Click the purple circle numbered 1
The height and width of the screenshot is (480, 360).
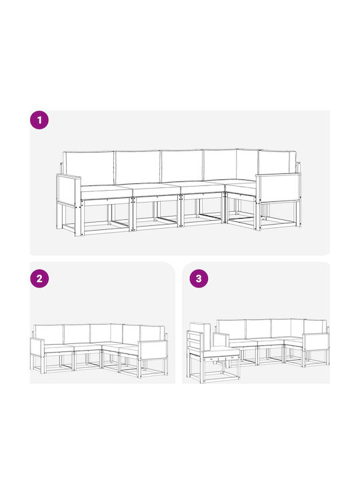[x=39, y=120]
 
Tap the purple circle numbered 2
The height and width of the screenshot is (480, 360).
[x=39, y=279]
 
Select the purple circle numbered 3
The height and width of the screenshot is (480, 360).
[x=199, y=279]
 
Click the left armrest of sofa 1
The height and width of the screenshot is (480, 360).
[x=69, y=190]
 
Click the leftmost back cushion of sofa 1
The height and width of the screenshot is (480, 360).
[x=89, y=168]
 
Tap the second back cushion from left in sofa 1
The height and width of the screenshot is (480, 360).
[x=138, y=167]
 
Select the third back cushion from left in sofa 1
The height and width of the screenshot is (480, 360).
[x=182, y=166]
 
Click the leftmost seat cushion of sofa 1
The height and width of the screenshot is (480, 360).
[x=106, y=193]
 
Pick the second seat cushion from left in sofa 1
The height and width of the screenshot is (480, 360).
[x=155, y=190]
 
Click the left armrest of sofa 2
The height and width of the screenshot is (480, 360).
[x=37, y=347]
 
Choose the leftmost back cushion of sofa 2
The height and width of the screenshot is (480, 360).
[x=49, y=335]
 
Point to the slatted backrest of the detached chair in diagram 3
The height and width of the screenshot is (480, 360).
[x=199, y=338]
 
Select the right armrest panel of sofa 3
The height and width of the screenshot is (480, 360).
[x=316, y=343]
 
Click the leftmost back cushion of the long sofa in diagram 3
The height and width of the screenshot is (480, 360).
[x=231, y=330]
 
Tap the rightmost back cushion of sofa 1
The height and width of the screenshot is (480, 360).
[x=277, y=163]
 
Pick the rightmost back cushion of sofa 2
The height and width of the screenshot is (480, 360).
[x=151, y=334]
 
